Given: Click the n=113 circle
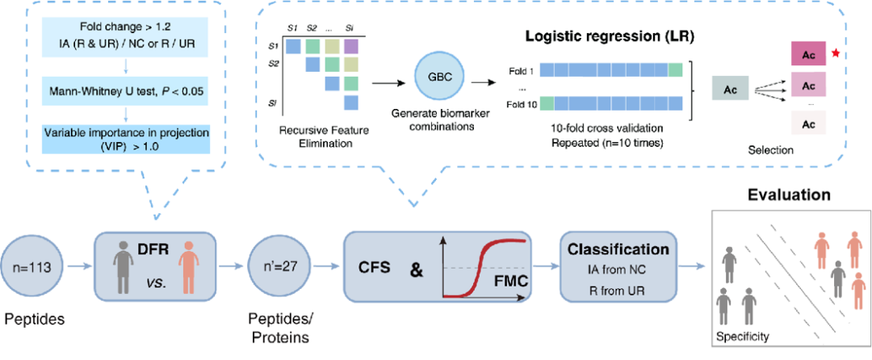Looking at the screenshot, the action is click(32, 267).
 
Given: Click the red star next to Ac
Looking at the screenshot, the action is click(835, 52).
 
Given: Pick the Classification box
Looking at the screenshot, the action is click(617, 267).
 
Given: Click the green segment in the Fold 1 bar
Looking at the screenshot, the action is click(675, 70).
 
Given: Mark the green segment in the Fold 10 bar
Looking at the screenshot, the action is click(547, 103).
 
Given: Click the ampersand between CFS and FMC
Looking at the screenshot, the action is click(416, 270).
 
